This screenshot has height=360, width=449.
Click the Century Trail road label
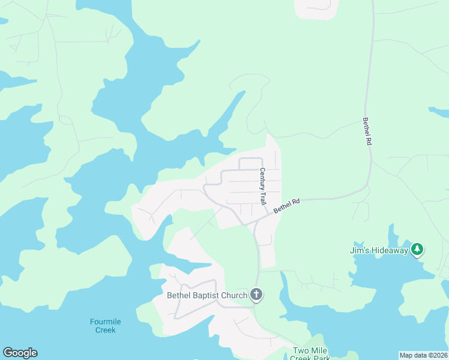coord(262,187)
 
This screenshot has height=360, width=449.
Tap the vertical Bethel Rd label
coord(366,131)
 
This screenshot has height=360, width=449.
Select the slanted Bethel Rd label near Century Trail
coord(286,206)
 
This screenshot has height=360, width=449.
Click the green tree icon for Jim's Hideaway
coord(417,250)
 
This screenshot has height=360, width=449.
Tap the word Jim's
coord(360,250)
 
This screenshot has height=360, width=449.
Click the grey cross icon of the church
coord(256,294)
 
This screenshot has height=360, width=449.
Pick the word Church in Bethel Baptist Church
coord(235,295)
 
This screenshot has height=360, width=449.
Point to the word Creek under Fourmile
coord(105,330)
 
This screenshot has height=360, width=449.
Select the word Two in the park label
coord(300,350)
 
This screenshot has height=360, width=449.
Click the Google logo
coord(20,353)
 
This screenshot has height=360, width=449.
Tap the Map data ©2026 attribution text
coord(424,355)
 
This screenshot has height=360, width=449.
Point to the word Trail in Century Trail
coord(262,197)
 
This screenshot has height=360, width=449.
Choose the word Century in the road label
coord(262,179)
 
